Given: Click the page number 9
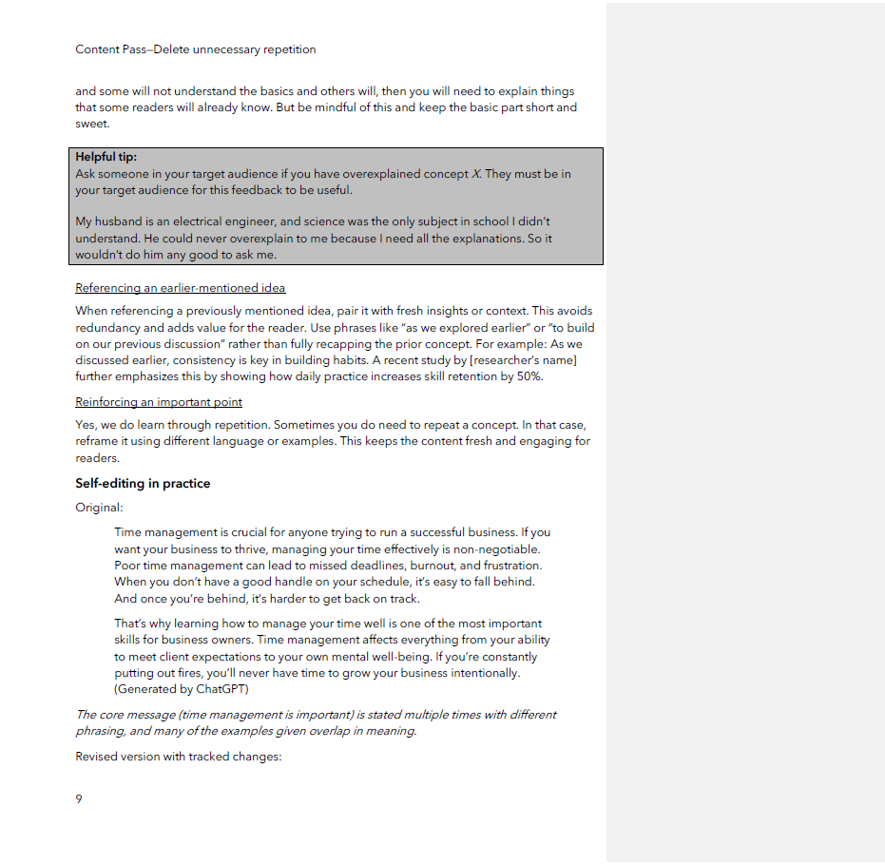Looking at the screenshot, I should (79, 798).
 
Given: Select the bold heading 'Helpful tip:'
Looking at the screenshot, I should (106, 157).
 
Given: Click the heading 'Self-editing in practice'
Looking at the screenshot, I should (143, 483).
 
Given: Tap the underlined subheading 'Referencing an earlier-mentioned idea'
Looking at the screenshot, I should (181, 288).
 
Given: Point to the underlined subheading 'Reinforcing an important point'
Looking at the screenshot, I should (159, 402).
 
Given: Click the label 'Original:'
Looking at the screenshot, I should (99, 508).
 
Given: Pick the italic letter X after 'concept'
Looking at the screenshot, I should (476, 174).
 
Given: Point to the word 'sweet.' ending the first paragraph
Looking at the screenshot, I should (92, 124).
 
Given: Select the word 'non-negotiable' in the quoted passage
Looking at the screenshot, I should (496, 548).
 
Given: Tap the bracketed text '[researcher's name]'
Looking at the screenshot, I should (524, 360).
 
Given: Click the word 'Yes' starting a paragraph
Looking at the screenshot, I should (86, 425).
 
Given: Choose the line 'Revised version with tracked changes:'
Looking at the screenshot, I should (179, 757).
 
